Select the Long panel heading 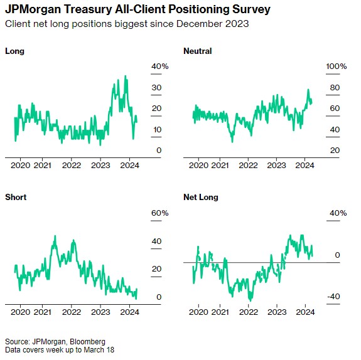point(14,51)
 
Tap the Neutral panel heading point(198,51)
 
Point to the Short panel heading point(16,197)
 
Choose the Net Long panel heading point(201,197)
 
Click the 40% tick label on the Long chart point(159,66)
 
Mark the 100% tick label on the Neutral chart point(336,66)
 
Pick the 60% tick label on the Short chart point(159,213)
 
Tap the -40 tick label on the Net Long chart point(333,296)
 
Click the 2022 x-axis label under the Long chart point(72,166)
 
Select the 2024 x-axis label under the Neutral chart point(304,166)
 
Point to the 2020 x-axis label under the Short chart point(20,312)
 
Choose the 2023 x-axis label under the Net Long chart point(277,312)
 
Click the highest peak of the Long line point(126,76)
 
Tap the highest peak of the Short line point(55,236)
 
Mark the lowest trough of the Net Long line point(251,300)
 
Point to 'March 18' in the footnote point(99,350)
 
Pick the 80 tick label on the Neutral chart point(335,88)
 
